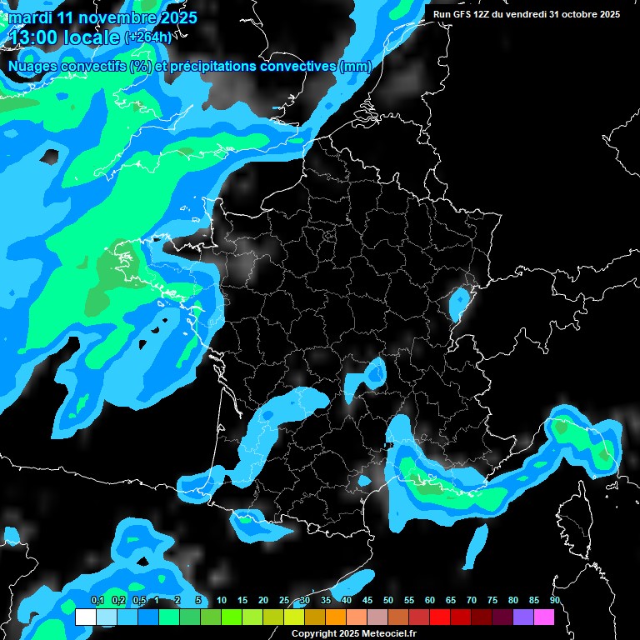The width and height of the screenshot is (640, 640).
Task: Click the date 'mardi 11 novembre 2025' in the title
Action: (x=102, y=17)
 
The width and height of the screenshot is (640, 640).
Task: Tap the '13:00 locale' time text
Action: (x=63, y=37)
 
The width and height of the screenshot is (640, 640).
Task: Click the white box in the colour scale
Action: (x=86, y=617)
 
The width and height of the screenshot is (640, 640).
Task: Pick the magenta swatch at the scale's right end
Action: (x=543, y=617)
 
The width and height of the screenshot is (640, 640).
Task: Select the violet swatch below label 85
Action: (x=522, y=617)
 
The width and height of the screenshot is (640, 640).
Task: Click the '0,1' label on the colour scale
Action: (x=97, y=601)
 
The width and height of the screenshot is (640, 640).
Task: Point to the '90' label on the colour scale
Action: (x=554, y=601)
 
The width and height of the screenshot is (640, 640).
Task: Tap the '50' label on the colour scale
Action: (x=388, y=601)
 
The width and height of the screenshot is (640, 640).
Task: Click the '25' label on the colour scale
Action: (x=284, y=601)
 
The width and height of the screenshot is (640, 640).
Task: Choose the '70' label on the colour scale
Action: (x=472, y=601)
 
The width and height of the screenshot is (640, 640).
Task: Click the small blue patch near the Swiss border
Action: (x=457, y=304)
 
